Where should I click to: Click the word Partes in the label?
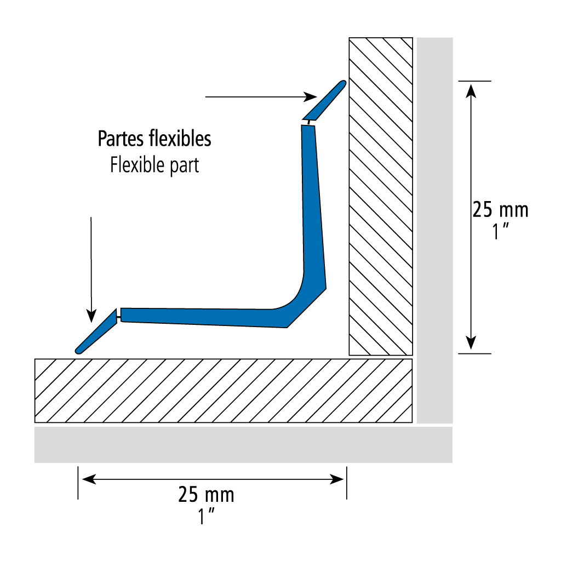121,139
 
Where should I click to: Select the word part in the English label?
184,167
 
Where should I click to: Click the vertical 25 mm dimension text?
501,210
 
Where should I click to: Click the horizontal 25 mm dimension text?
207,495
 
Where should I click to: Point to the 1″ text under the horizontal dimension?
207,516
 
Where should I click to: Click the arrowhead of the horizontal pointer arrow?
310,96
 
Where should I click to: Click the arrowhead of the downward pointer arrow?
91,316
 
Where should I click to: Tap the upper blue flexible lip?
324,101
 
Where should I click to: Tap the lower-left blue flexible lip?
96,331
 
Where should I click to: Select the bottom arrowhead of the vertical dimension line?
471,343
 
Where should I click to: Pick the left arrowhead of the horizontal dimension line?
89,479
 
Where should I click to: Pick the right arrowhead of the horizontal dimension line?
337,479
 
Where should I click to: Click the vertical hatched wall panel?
381,197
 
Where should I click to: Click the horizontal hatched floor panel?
224,391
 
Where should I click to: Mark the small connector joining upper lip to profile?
309,123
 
